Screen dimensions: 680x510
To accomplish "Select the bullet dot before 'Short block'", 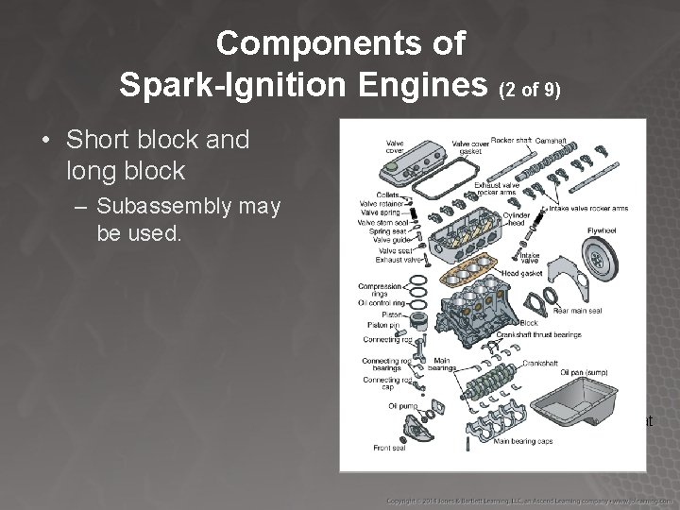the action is [45, 141].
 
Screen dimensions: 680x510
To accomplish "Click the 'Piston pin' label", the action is [382, 325].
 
